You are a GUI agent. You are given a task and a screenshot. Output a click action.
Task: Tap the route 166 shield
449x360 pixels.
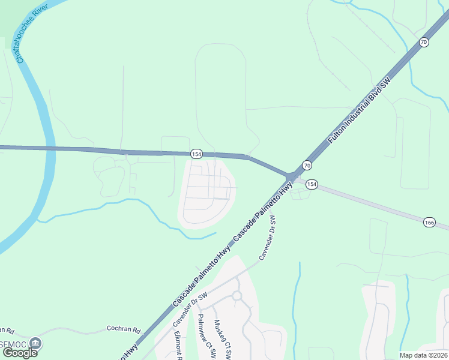[x=429, y=222]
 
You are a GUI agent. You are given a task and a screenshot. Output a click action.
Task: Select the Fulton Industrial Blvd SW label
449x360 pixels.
[x=359, y=110]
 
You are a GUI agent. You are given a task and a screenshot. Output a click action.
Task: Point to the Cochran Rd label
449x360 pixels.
[x=123, y=329]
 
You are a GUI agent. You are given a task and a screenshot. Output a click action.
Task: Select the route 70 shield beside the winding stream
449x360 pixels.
[x=424, y=42]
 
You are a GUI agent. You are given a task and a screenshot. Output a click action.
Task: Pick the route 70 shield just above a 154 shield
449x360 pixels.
[x=307, y=165]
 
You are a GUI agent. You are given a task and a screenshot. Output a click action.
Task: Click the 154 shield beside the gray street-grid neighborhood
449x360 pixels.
[x=196, y=154]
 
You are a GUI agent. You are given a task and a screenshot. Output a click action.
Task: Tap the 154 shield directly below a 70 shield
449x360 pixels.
[x=311, y=184]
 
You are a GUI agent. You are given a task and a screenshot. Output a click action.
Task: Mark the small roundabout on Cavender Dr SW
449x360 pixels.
[x=237, y=295]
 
